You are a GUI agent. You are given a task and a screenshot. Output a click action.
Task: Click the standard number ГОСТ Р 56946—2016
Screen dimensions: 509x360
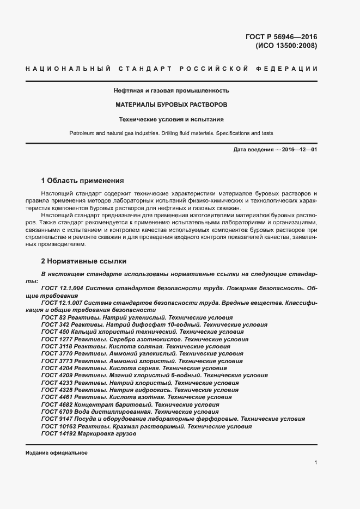(281, 37)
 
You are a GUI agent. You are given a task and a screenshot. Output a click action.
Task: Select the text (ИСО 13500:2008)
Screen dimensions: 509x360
(286, 46)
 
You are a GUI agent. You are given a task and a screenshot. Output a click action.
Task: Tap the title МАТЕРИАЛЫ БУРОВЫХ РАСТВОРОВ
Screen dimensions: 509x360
(172, 104)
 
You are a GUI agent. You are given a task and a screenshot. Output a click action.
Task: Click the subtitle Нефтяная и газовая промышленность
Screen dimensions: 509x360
(171, 90)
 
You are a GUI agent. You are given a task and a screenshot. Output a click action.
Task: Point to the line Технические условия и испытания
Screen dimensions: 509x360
(172, 119)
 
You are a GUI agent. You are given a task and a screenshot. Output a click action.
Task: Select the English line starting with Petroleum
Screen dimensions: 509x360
(171, 133)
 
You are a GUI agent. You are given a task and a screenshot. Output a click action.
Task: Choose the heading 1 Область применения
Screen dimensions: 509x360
(83, 180)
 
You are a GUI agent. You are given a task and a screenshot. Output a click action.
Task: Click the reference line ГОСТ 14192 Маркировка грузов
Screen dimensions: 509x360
(88, 434)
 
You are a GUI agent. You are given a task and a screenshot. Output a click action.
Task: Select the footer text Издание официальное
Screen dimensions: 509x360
(56, 453)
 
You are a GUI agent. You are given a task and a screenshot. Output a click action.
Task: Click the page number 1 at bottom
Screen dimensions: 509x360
(316, 463)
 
